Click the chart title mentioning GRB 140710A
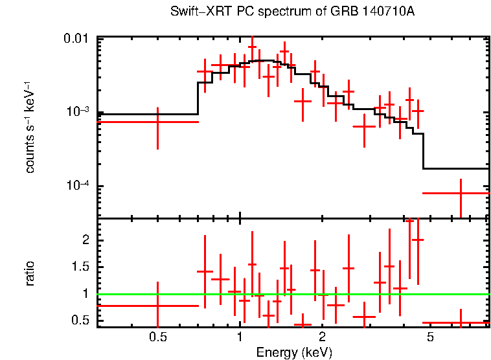(292, 12)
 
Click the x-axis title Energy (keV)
(293, 352)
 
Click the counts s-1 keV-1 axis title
(30, 128)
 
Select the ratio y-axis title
(30, 273)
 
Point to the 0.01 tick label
(78, 39)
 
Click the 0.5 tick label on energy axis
(157, 337)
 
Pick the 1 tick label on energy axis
(240, 337)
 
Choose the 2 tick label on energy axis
(322, 337)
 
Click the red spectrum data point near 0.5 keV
(157, 122)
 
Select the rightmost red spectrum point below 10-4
(460, 193)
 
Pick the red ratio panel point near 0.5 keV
(157, 306)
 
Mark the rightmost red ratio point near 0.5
(460, 322)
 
